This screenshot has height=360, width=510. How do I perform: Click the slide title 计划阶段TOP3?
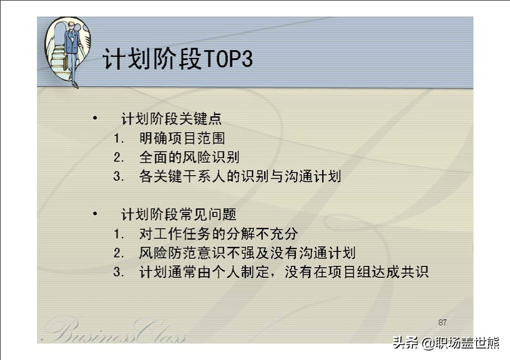pos(178,59)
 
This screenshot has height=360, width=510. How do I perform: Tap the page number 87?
pos(442,322)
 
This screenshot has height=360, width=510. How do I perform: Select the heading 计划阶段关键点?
pos(171,119)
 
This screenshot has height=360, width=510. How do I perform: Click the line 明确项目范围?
pos(182,138)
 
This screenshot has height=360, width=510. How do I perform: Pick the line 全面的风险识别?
pos(189,157)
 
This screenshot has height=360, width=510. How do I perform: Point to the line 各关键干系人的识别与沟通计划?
pos(240,176)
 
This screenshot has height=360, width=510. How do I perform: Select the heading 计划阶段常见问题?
pos(179,214)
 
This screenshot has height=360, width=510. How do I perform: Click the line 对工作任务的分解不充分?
pos(219,234)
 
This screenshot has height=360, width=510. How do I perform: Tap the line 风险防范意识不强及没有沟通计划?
pos(247,252)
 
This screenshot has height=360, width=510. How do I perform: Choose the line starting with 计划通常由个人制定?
pos(284,272)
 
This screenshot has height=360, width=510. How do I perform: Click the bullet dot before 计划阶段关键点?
pos(95,118)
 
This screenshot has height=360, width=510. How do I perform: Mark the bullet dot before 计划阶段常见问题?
pos(95,213)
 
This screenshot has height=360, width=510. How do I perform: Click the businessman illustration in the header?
pos(68,52)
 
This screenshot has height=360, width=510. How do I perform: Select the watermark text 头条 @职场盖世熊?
pos(446,343)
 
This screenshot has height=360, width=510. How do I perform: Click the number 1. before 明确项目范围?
pos(119,138)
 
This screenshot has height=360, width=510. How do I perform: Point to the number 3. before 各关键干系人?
pos(119,177)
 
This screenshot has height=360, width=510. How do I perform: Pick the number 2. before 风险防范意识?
pos(119,253)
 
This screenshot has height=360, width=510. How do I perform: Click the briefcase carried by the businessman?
pos(66,63)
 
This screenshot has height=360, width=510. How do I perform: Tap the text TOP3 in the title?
pos(228,59)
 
